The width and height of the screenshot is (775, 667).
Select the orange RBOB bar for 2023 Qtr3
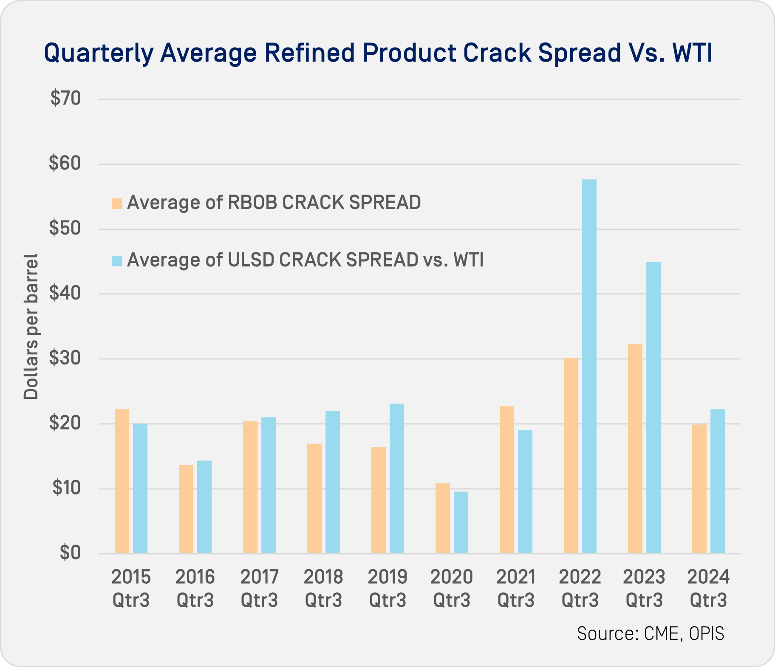[635, 449]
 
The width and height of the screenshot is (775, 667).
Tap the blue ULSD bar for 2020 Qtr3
[461, 522]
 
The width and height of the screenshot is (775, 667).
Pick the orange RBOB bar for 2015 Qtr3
[122, 481]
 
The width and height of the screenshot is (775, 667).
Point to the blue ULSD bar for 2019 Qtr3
[396, 478]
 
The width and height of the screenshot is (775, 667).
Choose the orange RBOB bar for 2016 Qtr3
[186, 509]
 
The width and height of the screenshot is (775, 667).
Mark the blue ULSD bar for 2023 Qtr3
[653, 407]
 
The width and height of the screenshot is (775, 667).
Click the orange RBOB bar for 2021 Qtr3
[506, 480]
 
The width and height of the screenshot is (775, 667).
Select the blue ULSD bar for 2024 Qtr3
[717, 481]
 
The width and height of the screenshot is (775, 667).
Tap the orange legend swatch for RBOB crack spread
[117, 203]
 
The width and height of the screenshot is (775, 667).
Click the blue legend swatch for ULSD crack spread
[117, 260]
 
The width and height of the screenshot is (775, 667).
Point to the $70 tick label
[66, 99]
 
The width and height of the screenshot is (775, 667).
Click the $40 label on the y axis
[65, 294]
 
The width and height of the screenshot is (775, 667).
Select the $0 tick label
[70, 553]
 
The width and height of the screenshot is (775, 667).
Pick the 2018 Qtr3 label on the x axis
[323, 589]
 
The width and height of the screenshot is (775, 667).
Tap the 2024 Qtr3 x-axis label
[708, 589]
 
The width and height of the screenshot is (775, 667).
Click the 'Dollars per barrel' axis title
[31, 326]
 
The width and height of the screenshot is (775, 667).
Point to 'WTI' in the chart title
[693, 53]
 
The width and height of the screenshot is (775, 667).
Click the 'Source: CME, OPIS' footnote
[650, 633]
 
